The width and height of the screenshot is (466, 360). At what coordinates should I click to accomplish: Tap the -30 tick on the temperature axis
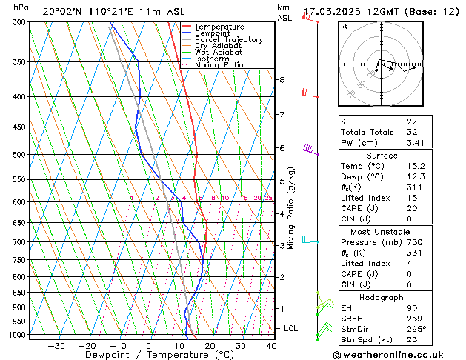56,345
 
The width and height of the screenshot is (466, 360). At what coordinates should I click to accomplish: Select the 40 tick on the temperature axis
271,345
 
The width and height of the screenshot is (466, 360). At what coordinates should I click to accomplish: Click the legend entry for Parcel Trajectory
228,40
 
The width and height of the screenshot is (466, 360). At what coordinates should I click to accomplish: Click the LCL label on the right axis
291,328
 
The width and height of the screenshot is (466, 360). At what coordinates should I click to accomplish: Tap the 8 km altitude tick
282,79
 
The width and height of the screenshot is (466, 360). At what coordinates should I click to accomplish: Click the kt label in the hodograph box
344,26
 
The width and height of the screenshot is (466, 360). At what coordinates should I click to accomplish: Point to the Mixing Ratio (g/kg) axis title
290,207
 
